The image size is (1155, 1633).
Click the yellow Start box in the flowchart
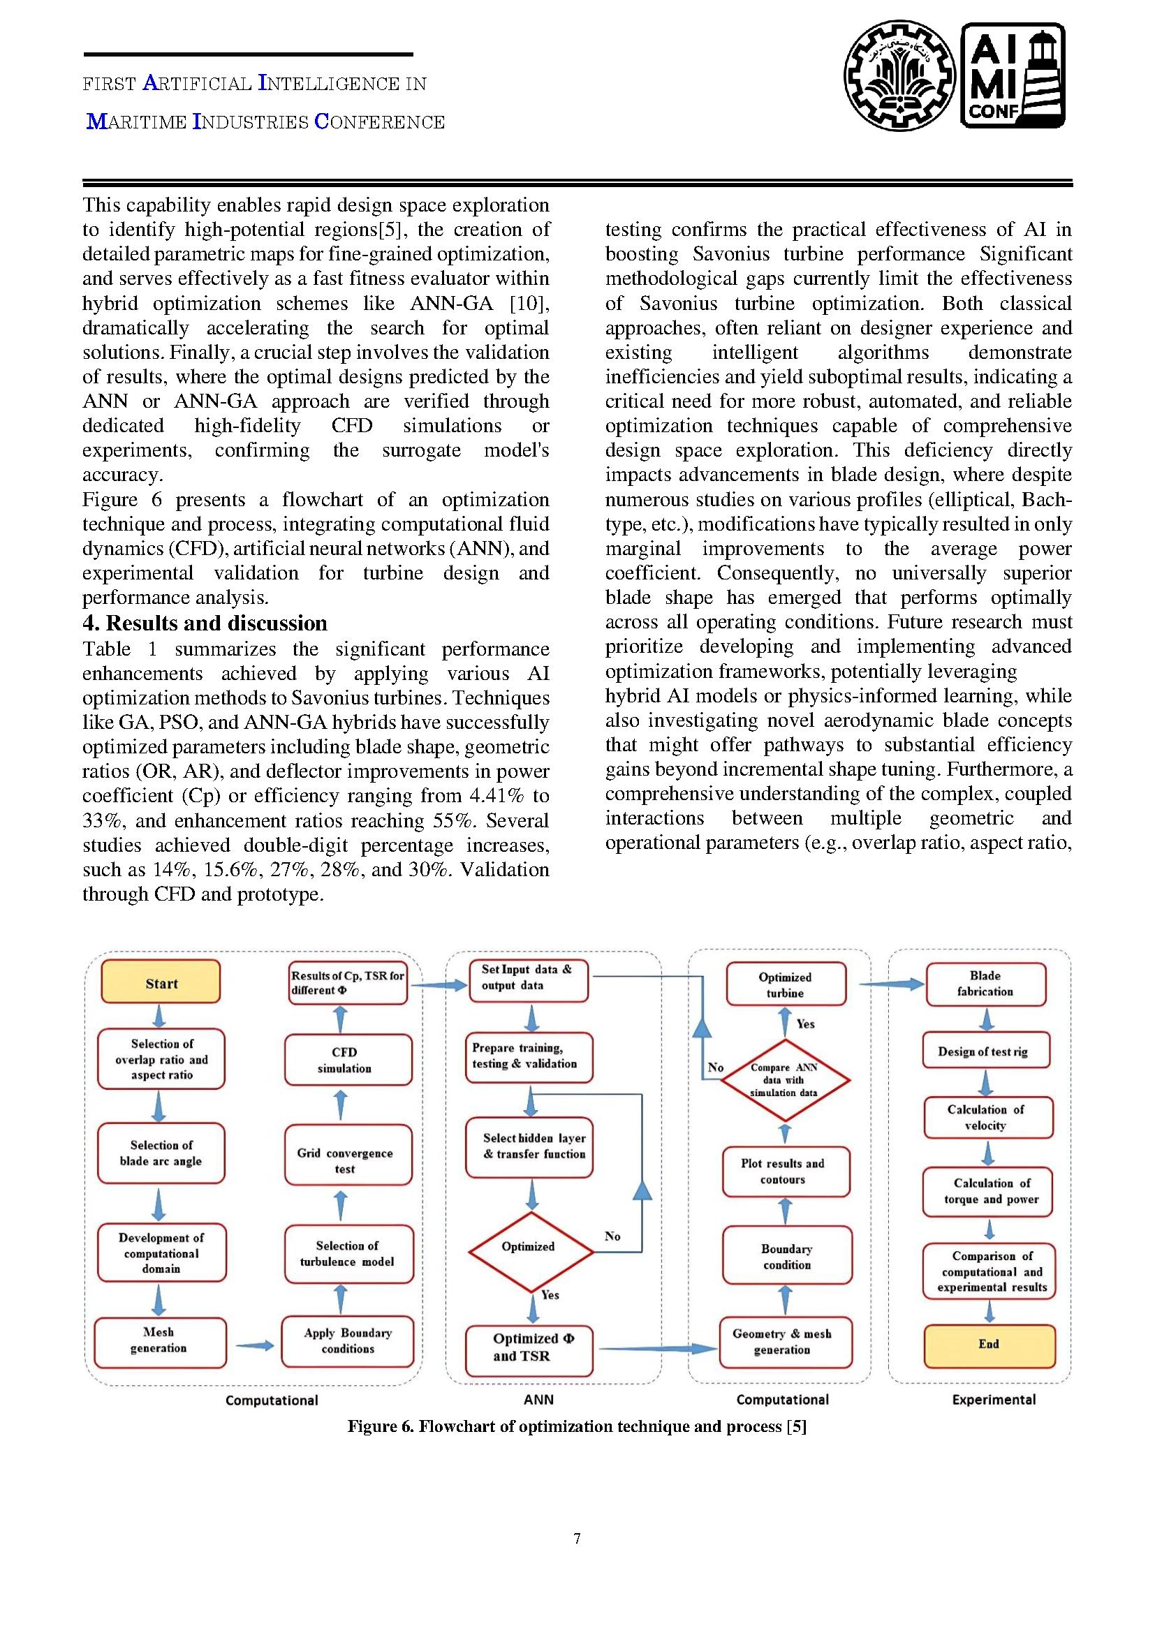click(x=161, y=983)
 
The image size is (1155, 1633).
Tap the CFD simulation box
click(x=348, y=1060)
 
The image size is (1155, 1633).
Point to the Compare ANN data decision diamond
click(x=785, y=1079)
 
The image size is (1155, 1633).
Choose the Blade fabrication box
click(x=986, y=984)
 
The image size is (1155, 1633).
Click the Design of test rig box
click(x=985, y=1051)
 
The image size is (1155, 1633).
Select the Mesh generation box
click(x=160, y=1343)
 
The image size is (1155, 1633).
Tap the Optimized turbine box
click(x=786, y=984)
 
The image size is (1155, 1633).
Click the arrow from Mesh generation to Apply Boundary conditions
click(x=254, y=1345)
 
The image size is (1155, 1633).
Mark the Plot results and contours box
click(x=785, y=1172)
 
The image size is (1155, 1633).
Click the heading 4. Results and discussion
click(x=205, y=623)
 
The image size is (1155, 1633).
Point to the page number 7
click(x=577, y=1539)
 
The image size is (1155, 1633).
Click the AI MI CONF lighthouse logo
click(x=1012, y=75)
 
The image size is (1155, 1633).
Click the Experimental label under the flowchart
click(x=994, y=1400)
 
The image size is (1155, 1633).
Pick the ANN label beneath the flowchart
click(x=538, y=1400)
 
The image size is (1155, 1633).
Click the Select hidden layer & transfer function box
click(x=529, y=1146)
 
